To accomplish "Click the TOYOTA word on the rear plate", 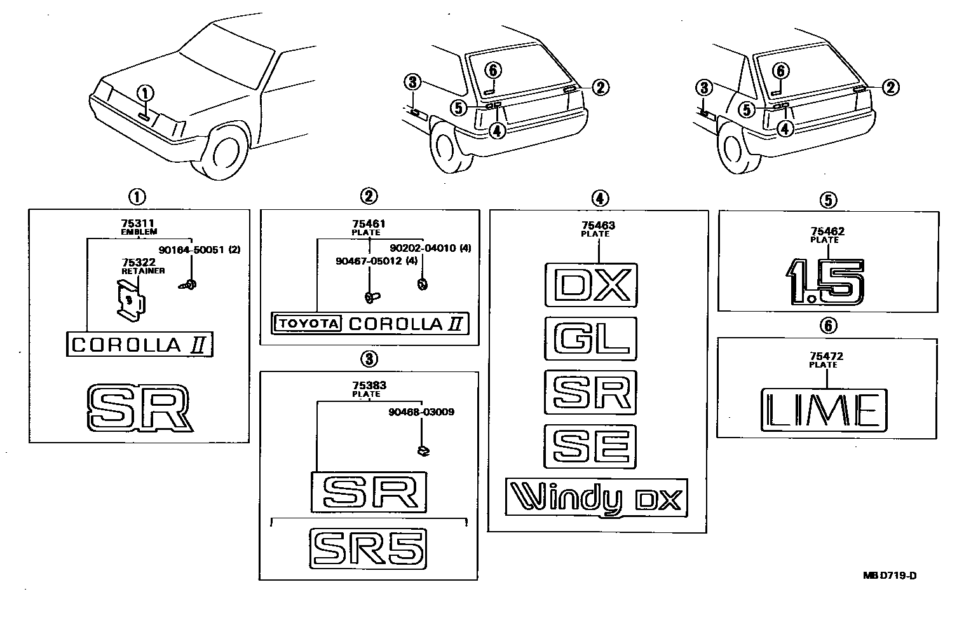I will [307, 324].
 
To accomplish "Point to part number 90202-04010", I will [422, 248].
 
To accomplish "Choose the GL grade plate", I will [590, 338].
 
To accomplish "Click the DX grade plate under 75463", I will [590, 286].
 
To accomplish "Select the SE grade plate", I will [590, 445].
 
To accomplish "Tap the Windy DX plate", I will [596, 497].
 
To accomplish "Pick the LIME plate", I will [824, 409].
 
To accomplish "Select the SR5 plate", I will [369, 546].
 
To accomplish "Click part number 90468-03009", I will [421, 412].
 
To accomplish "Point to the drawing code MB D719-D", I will [890, 576].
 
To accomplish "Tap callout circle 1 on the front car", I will [145, 94].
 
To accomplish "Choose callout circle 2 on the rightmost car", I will [890, 88].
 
